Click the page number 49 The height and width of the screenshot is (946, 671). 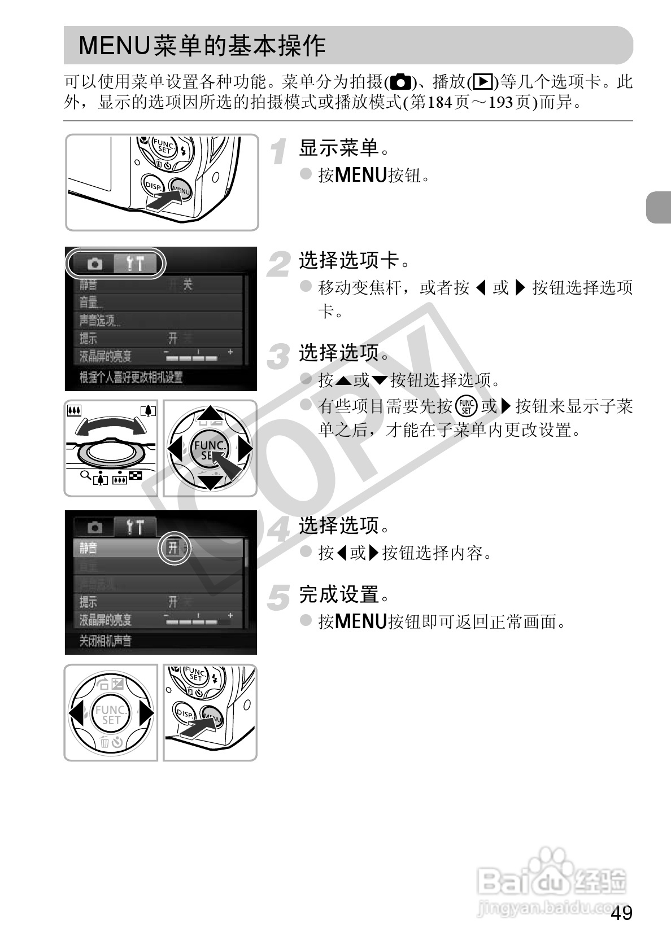(621, 913)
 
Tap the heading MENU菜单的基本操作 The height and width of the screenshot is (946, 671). (202, 46)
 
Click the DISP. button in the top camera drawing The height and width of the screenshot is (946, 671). (152, 186)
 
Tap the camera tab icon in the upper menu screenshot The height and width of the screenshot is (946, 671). (95, 264)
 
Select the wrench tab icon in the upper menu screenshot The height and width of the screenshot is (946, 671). (135, 264)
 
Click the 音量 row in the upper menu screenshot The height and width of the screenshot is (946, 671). (91, 303)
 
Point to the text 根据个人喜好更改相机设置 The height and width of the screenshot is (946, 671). (131, 377)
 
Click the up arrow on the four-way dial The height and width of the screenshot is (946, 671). (210, 414)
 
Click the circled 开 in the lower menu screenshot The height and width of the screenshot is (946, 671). (173, 547)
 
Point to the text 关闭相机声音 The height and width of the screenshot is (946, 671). (106, 641)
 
